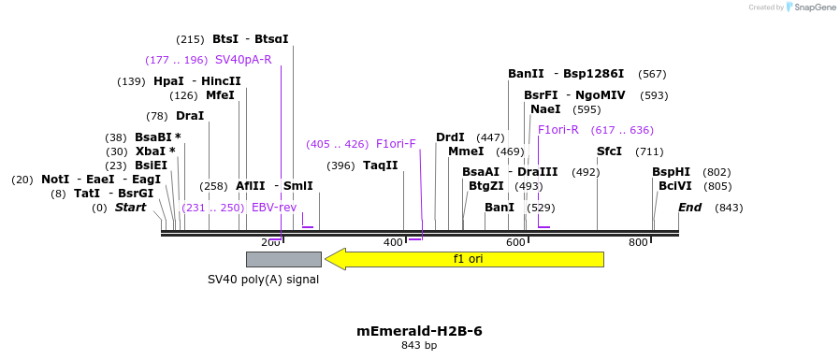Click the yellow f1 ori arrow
465,259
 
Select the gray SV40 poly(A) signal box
283,259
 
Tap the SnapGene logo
811,7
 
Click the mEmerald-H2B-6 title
419,331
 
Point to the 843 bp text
419,346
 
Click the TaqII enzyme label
380,166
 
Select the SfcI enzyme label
609,151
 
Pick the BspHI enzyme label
671,172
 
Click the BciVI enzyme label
674,186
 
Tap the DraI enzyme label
189,116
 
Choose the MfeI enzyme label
220,95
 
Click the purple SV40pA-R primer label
243,60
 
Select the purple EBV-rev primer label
274,208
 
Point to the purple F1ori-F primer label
396,144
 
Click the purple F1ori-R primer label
558,130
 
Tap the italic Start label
130,208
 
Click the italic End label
689,208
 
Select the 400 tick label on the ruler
393,243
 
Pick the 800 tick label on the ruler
638,243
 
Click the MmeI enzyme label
466,151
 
